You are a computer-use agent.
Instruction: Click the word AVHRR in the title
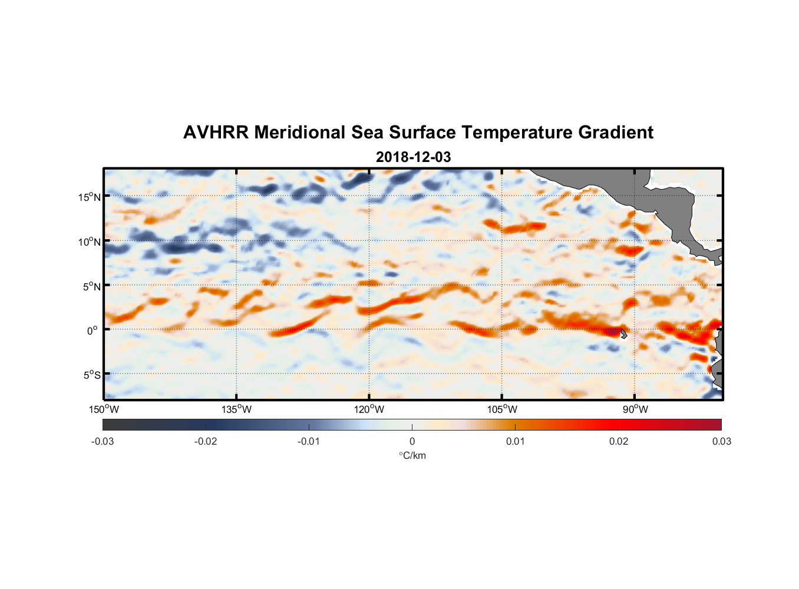click(x=216, y=133)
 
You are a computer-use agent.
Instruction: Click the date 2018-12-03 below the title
click(x=413, y=157)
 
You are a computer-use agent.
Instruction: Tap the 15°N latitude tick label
click(x=90, y=197)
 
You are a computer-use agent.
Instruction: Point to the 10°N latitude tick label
click(x=90, y=241)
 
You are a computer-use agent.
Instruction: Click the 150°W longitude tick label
click(x=104, y=409)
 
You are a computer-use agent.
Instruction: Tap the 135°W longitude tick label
click(x=236, y=409)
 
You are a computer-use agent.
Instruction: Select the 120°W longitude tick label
click(x=369, y=409)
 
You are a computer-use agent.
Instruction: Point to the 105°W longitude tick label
click(x=502, y=409)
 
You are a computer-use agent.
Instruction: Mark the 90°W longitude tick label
click(x=635, y=409)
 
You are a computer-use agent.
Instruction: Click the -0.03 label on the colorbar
click(x=103, y=441)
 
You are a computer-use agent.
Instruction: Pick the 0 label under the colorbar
click(x=412, y=441)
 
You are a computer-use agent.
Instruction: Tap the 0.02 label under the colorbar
click(x=618, y=441)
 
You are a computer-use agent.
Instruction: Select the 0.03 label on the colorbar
click(x=721, y=441)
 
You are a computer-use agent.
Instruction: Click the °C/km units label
click(x=412, y=455)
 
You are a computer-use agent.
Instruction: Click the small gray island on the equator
click(x=623, y=333)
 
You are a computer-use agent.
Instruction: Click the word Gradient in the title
click(x=616, y=133)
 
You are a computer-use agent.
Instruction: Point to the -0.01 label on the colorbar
click(x=309, y=441)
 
